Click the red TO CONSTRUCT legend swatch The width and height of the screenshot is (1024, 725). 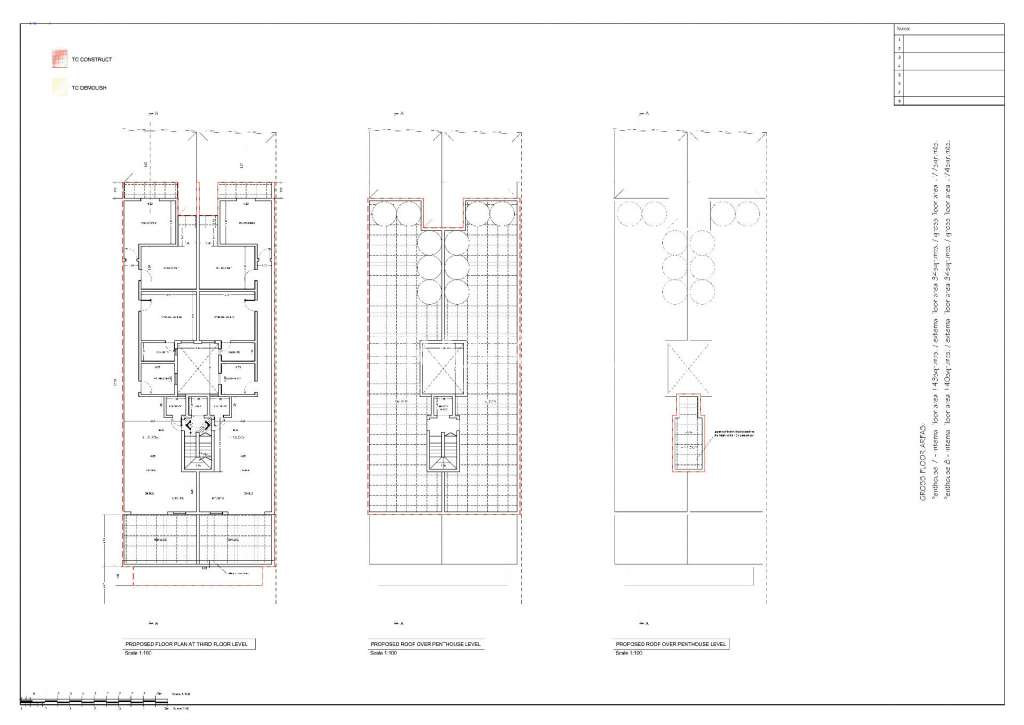coord(57,60)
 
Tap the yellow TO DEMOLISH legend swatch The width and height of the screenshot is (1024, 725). coord(57,88)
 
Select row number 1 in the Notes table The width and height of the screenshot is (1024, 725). coord(900,39)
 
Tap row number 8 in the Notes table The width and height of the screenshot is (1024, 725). coord(900,101)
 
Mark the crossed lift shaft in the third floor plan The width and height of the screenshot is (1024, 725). coord(195,369)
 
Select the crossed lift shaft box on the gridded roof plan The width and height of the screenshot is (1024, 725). coord(442,368)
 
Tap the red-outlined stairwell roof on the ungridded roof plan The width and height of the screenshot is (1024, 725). coord(687,433)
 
